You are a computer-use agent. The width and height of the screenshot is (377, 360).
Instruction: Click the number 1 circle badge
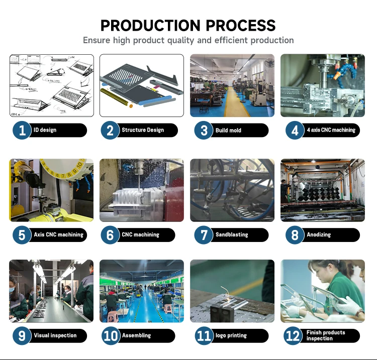[x=22, y=131]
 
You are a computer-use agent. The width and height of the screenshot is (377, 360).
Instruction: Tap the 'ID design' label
[x=45, y=131]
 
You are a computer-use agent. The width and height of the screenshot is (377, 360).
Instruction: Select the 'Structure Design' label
[x=143, y=130]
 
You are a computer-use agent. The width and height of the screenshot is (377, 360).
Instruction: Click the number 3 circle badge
[x=204, y=131]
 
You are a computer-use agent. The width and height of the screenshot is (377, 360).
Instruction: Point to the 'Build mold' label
[x=228, y=131]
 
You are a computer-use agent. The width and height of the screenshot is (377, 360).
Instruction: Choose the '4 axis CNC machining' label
[x=331, y=130]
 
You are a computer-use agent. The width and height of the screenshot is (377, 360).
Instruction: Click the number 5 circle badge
[x=22, y=235]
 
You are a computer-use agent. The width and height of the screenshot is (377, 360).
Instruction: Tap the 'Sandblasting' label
[x=232, y=234]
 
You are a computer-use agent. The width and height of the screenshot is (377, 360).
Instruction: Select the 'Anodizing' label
[x=319, y=234]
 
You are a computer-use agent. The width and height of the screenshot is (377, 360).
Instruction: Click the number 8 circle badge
[x=295, y=235]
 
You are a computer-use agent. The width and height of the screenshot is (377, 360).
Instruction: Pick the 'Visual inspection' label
[x=55, y=335]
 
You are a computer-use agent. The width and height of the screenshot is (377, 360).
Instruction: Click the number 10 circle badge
[x=111, y=336]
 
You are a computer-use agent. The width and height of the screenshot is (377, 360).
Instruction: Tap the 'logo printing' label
[x=231, y=335]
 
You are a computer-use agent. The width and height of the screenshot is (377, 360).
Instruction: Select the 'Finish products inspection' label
[x=326, y=335]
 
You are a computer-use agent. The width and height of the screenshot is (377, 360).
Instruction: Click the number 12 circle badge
[x=293, y=336]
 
